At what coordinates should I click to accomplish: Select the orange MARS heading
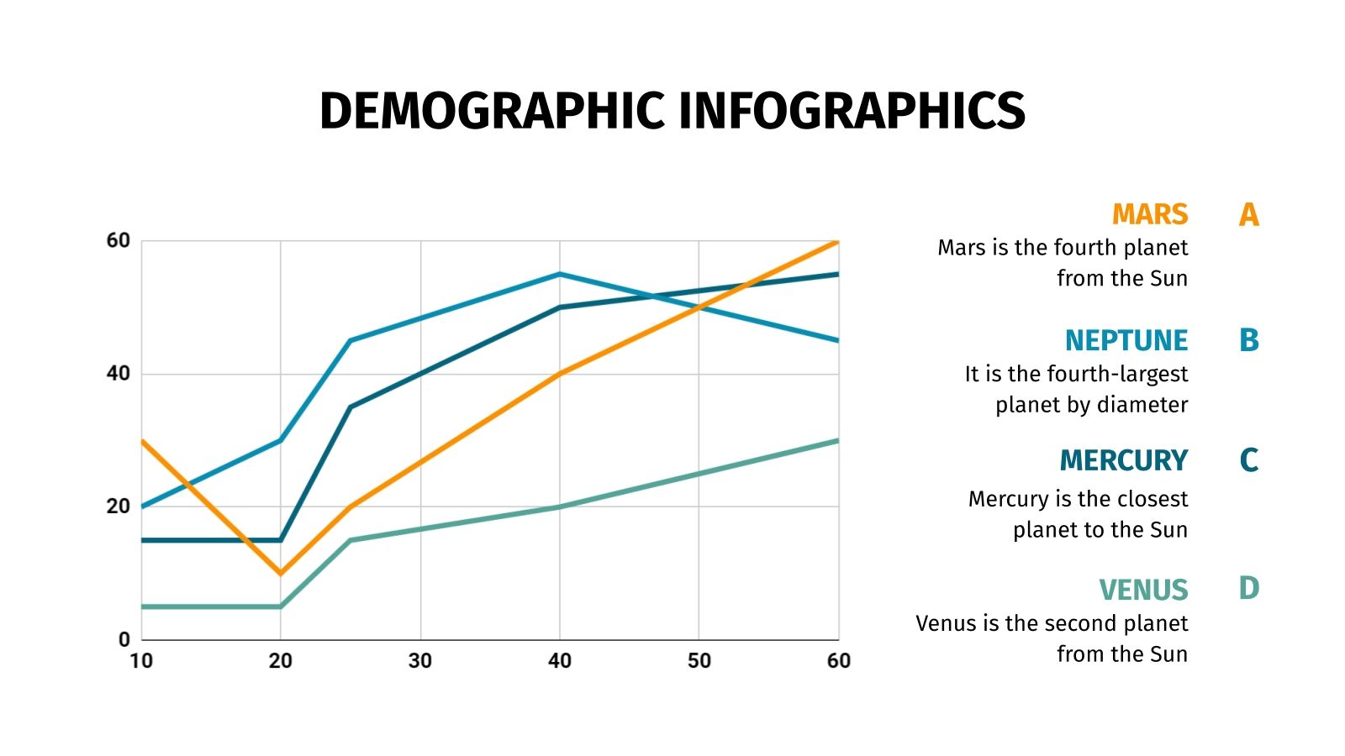(x=1149, y=214)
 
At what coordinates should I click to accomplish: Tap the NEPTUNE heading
(x=1126, y=340)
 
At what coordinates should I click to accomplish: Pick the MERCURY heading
(x=1123, y=460)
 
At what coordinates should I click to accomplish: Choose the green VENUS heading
(x=1143, y=590)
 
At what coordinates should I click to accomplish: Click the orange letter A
(x=1248, y=215)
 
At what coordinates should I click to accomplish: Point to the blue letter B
(x=1248, y=340)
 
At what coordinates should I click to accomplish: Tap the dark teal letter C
(x=1248, y=460)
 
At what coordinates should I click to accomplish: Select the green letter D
(x=1248, y=588)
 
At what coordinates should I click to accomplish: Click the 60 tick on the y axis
(x=119, y=241)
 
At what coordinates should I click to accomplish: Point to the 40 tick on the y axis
(x=119, y=374)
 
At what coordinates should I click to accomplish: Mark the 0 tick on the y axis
(x=124, y=640)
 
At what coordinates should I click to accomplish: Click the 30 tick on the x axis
(x=420, y=661)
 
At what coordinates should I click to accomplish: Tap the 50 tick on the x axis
(x=699, y=661)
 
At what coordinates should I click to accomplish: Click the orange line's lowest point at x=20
(x=281, y=573)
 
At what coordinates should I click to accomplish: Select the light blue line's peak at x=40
(x=559, y=274)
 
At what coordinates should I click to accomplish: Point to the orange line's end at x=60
(x=836, y=243)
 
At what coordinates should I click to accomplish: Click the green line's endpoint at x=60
(x=836, y=441)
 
